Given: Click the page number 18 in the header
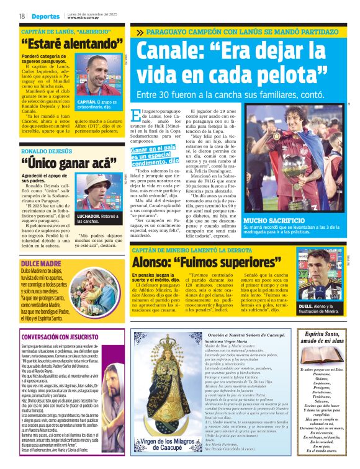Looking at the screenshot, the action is click(x=22, y=16).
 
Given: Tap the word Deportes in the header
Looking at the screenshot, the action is click(x=45, y=16).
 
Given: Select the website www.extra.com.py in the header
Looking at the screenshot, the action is click(x=84, y=18).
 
